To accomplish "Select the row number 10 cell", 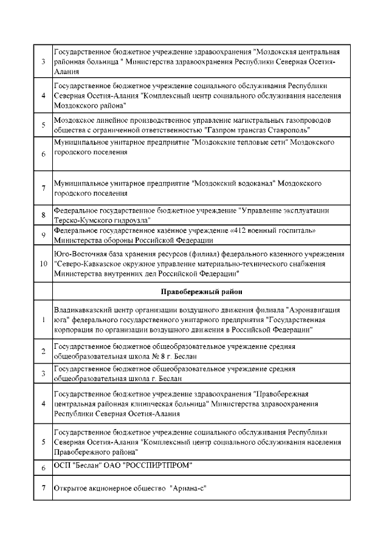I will (43, 264).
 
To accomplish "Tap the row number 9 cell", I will (43, 235).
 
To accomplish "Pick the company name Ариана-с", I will (188, 487).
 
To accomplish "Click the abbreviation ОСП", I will (62, 466).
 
